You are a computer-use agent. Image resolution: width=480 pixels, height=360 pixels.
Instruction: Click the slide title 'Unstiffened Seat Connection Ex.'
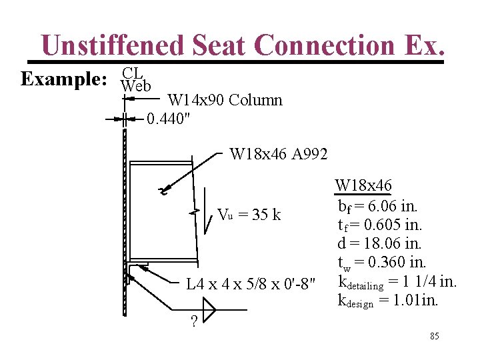click(241, 45)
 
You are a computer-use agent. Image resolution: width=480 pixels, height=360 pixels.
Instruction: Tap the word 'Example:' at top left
click(64, 79)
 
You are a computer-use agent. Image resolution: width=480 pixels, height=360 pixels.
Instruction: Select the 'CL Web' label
click(135, 79)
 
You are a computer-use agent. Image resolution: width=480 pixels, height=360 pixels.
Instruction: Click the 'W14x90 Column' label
click(225, 101)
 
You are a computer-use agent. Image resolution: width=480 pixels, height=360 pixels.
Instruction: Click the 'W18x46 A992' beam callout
click(278, 155)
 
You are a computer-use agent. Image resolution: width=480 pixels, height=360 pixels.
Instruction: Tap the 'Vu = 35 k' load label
click(249, 215)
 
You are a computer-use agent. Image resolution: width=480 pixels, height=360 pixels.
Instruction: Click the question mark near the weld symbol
click(193, 322)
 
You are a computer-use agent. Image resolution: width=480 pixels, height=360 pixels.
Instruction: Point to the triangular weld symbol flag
click(209, 309)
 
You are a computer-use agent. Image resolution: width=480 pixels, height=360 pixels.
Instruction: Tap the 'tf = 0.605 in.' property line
click(380, 224)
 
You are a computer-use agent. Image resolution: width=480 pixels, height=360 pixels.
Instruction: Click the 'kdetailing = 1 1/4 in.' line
click(397, 282)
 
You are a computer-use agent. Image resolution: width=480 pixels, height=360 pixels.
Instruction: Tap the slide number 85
click(434, 336)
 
